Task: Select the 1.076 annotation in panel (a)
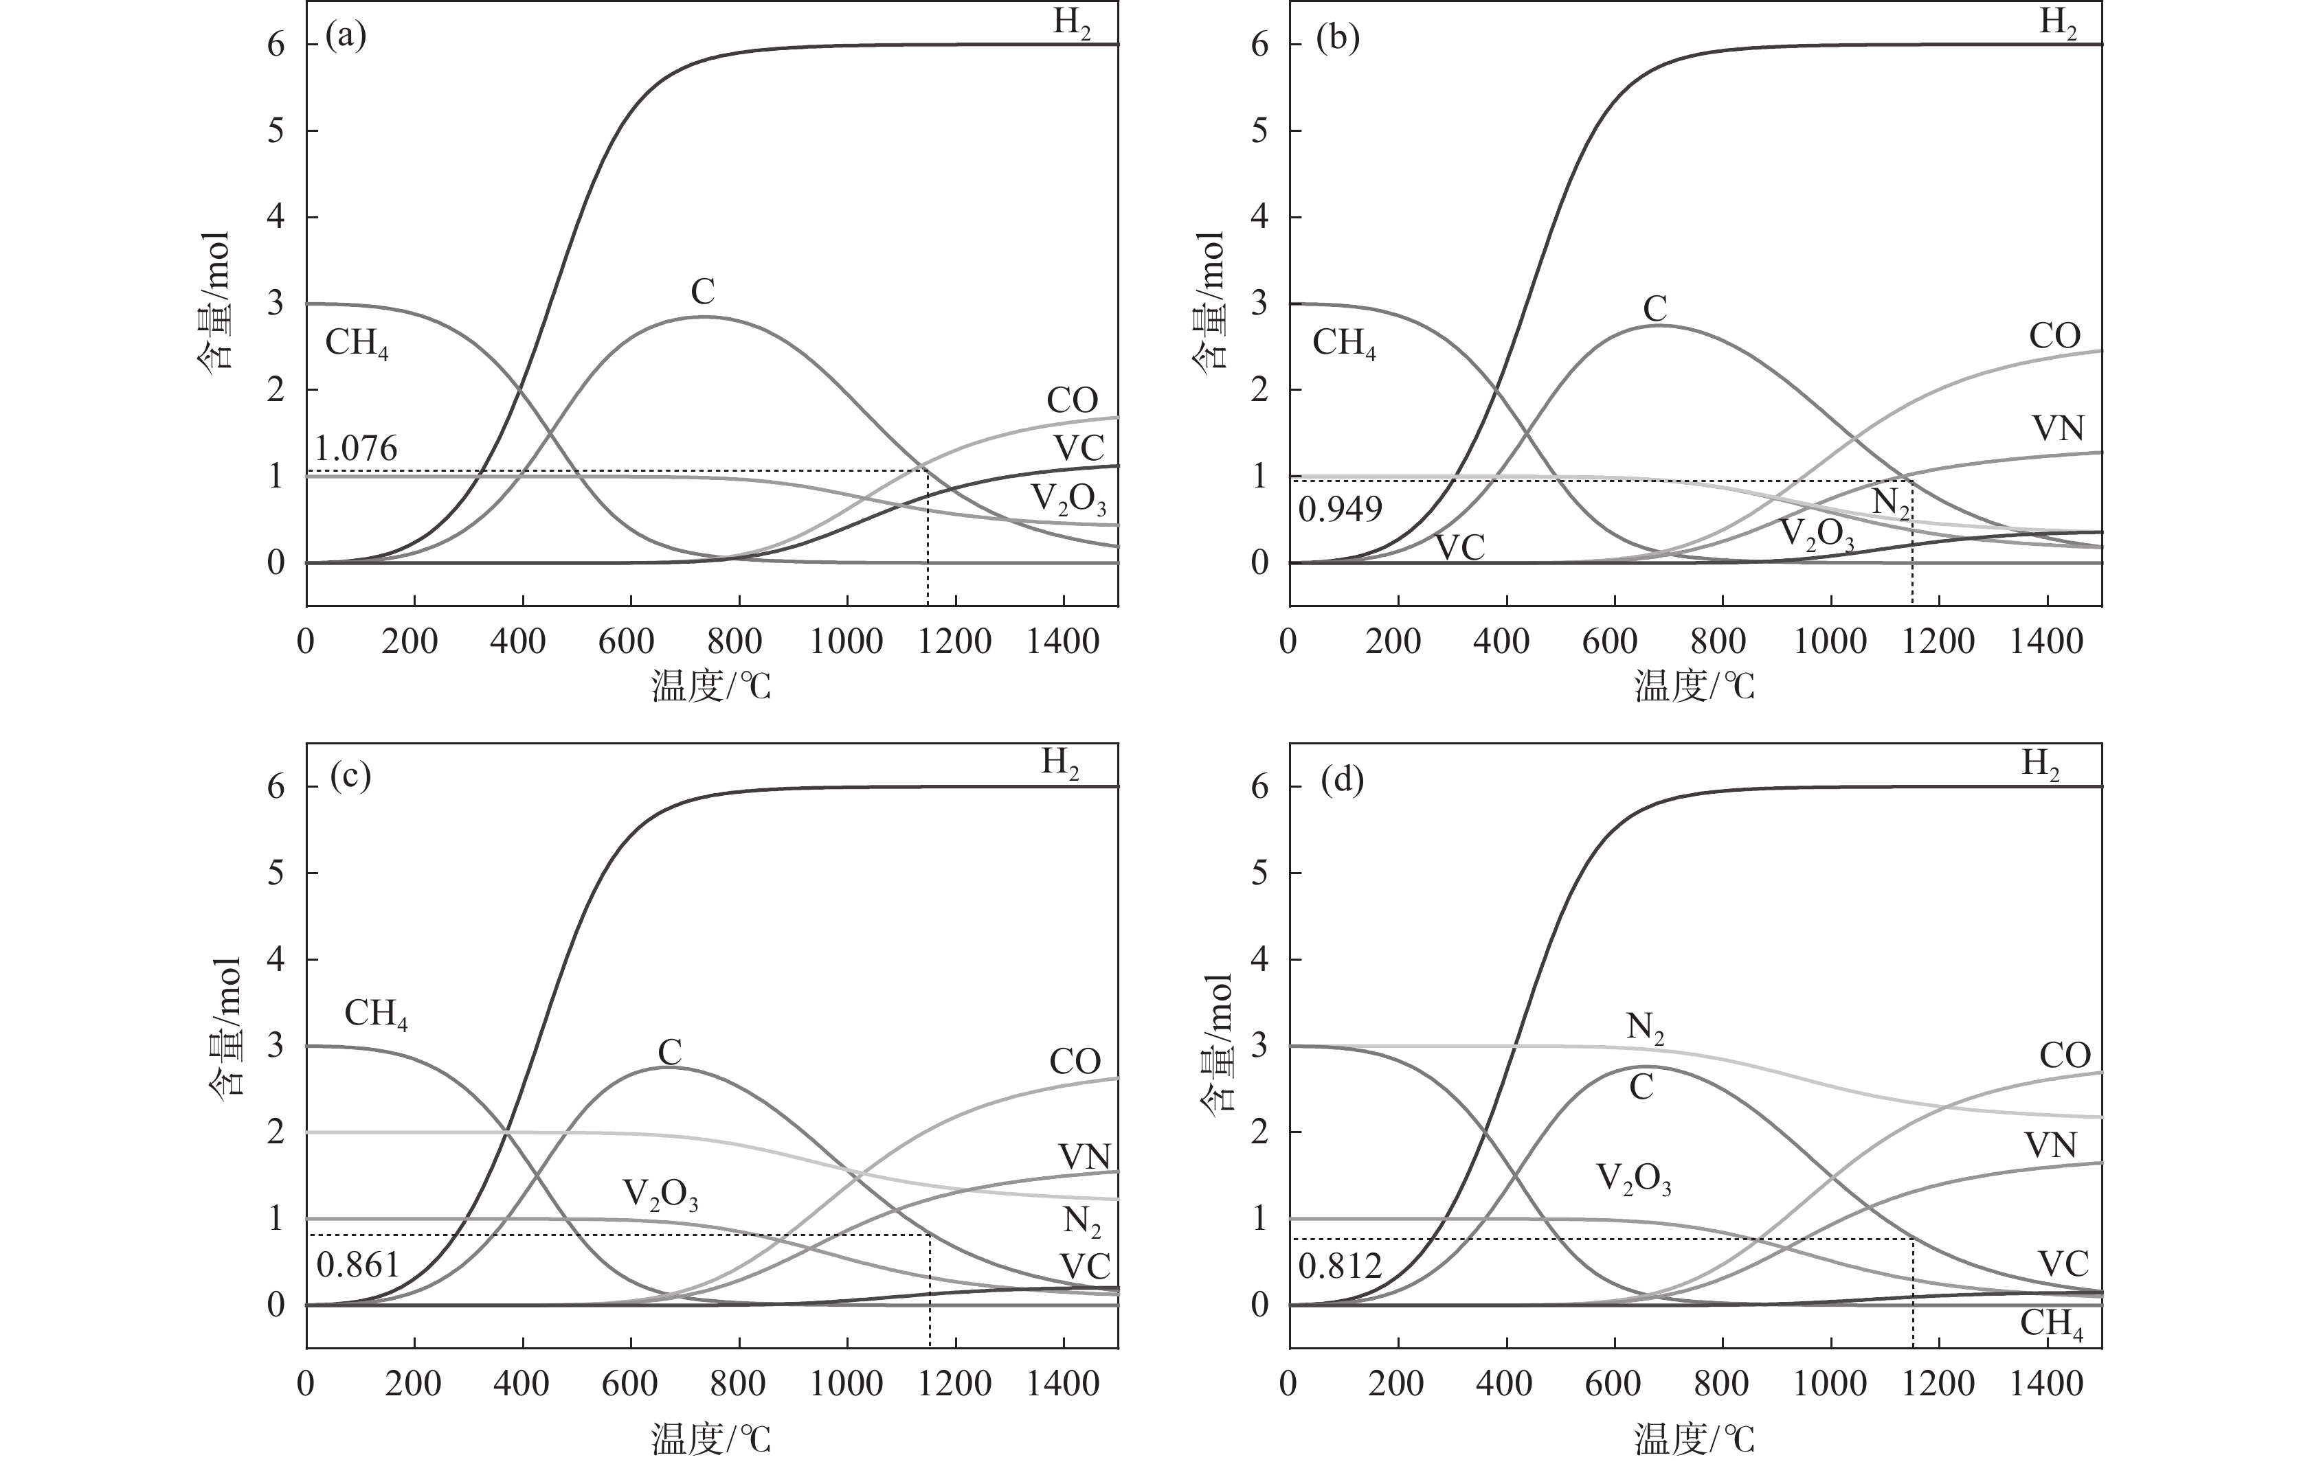point(356,448)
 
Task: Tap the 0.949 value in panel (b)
point(1340,510)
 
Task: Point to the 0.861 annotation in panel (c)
point(357,1266)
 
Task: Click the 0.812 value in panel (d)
point(1340,1266)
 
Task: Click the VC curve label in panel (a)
point(1079,448)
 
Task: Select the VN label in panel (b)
point(2057,428)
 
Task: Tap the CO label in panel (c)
point(1075,1061)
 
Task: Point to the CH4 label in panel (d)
point(2052,1325)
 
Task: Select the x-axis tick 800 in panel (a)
point(734,641)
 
